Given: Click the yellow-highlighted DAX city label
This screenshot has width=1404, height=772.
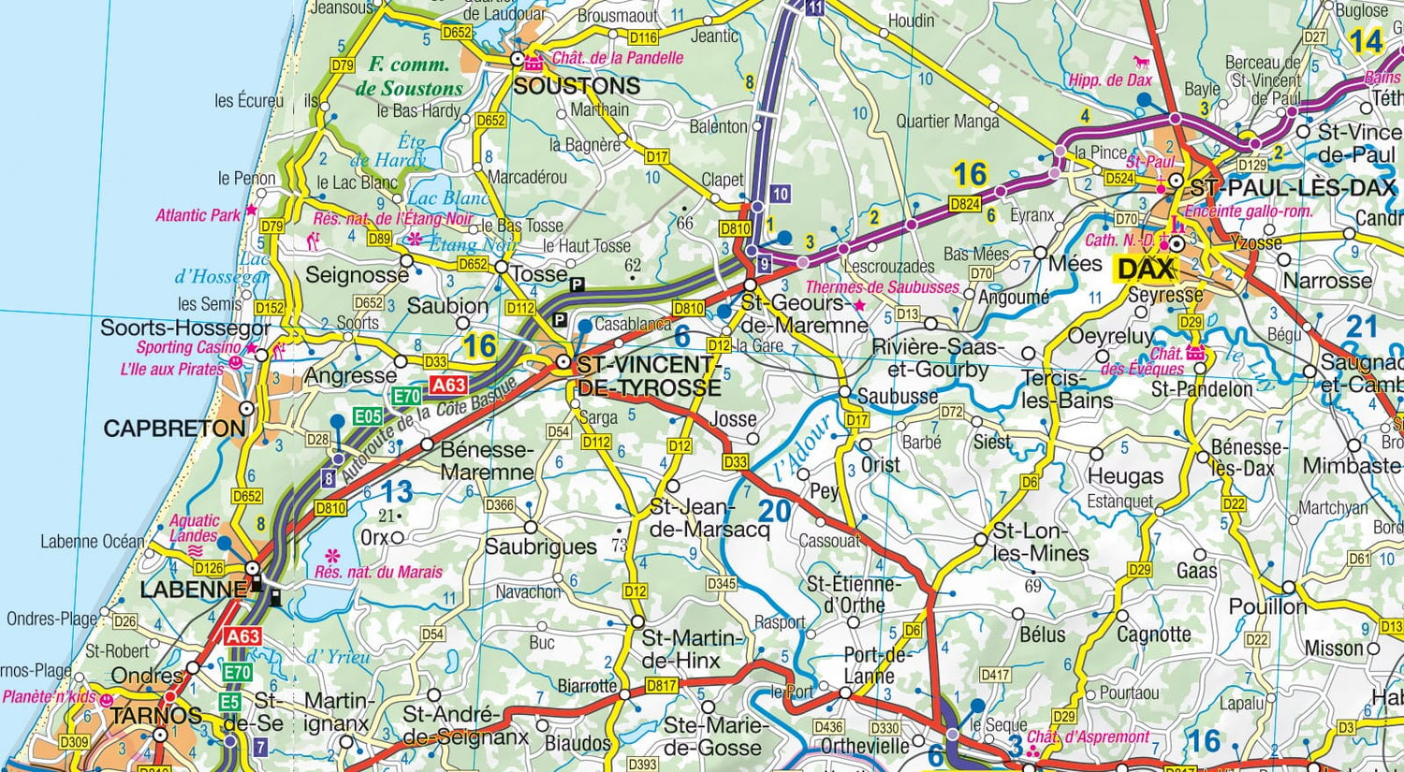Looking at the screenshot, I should pyautogui.click(x=1146, y=269).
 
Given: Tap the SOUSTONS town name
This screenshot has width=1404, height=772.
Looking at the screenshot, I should pyautogui.click(x=577, y=86).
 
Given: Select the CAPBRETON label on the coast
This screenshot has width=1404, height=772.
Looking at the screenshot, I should pyautogui.click(x=174, y=429).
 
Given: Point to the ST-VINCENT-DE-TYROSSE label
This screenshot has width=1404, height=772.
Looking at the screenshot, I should pyautogui.click(x=649, y=376).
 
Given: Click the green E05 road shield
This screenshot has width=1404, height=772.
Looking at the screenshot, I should pyautogui.click(x=367, y=416).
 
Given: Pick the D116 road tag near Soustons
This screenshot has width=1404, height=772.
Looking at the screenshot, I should pyautogui.click(x=643, y=38).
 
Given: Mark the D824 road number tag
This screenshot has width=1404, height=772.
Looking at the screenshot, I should pyautogui.click(x=965, y=203).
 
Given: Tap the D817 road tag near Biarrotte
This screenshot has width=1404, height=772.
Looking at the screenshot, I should pyautogui.click(x=661, y=686).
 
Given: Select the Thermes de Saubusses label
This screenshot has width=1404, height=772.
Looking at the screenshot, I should pyautogui.click(x=882, y=287).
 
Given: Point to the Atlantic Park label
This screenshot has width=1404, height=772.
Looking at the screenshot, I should pyautogui.click(x=198, y=215).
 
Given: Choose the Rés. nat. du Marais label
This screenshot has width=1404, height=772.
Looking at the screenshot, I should pyautogui.click(x=378, y=572).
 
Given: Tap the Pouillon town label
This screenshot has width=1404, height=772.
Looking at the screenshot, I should pyautogui.click(x=1267, y=606).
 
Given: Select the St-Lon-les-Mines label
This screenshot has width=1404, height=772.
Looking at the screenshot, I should pyautogui.click(x=1039, y=542).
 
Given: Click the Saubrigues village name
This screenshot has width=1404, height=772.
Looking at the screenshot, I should pyautogui.click(x=540, y=546).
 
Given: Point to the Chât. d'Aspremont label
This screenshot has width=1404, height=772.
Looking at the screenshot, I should pyautogui.click(x=1088, y=737).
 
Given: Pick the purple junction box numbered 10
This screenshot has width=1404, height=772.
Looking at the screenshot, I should pyautogui.click(x=780, y=194).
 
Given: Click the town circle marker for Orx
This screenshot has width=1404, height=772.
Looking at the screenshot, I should pyautogui.click(x=397, y=537).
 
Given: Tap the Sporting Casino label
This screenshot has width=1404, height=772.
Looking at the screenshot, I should pyautogui.click(x=189, y=347).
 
